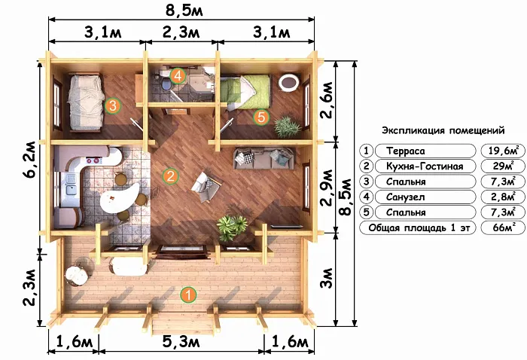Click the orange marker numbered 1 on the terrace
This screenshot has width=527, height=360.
point(188,294)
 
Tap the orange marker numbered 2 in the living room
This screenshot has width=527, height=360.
point(170,175)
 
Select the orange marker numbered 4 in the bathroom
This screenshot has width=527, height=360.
point(178,76)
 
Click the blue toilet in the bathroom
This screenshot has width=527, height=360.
point(166,84)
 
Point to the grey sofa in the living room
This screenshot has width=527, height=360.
point(264,158)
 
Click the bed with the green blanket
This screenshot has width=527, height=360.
point(246,92)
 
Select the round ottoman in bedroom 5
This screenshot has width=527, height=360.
point(288,82)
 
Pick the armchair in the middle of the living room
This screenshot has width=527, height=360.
point(206,187)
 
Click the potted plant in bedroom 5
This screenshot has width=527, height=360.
point(287,127)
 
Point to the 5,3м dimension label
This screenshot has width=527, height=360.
point(181,342)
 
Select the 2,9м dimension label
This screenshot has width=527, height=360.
point(327,188)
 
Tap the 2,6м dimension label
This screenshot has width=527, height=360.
point(327,100)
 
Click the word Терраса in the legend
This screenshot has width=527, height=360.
point(405,151)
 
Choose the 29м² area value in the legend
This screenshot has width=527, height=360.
point(502,166)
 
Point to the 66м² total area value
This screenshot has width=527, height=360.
point(503,227)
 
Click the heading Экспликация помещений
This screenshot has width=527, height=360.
point(443,130)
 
